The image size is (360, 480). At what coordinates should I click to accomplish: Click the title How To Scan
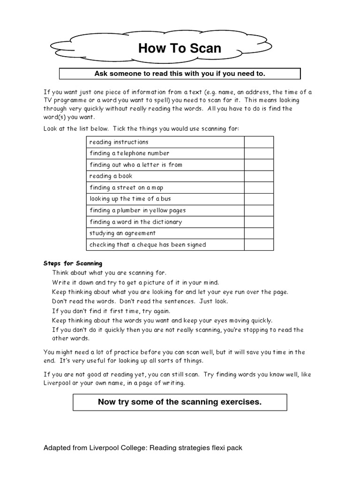point(180,48)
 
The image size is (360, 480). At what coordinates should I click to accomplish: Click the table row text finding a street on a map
point(126,187)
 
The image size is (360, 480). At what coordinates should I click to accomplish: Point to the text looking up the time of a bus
point(130,199)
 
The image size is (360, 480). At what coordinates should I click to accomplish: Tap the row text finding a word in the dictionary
point(135,222)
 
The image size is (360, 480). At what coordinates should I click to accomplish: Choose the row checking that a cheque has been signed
point(148,245)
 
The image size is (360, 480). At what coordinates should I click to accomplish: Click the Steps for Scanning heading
point(73,263)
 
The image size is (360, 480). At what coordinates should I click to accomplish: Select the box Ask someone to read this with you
point(180,74)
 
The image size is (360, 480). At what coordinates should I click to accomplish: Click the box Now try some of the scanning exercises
point(180,402)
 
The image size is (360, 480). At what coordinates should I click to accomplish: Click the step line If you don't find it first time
point(111,311)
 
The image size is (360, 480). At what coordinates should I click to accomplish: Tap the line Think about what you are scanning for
point(109,272)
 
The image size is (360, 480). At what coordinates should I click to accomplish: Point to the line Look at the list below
point(144,128)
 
